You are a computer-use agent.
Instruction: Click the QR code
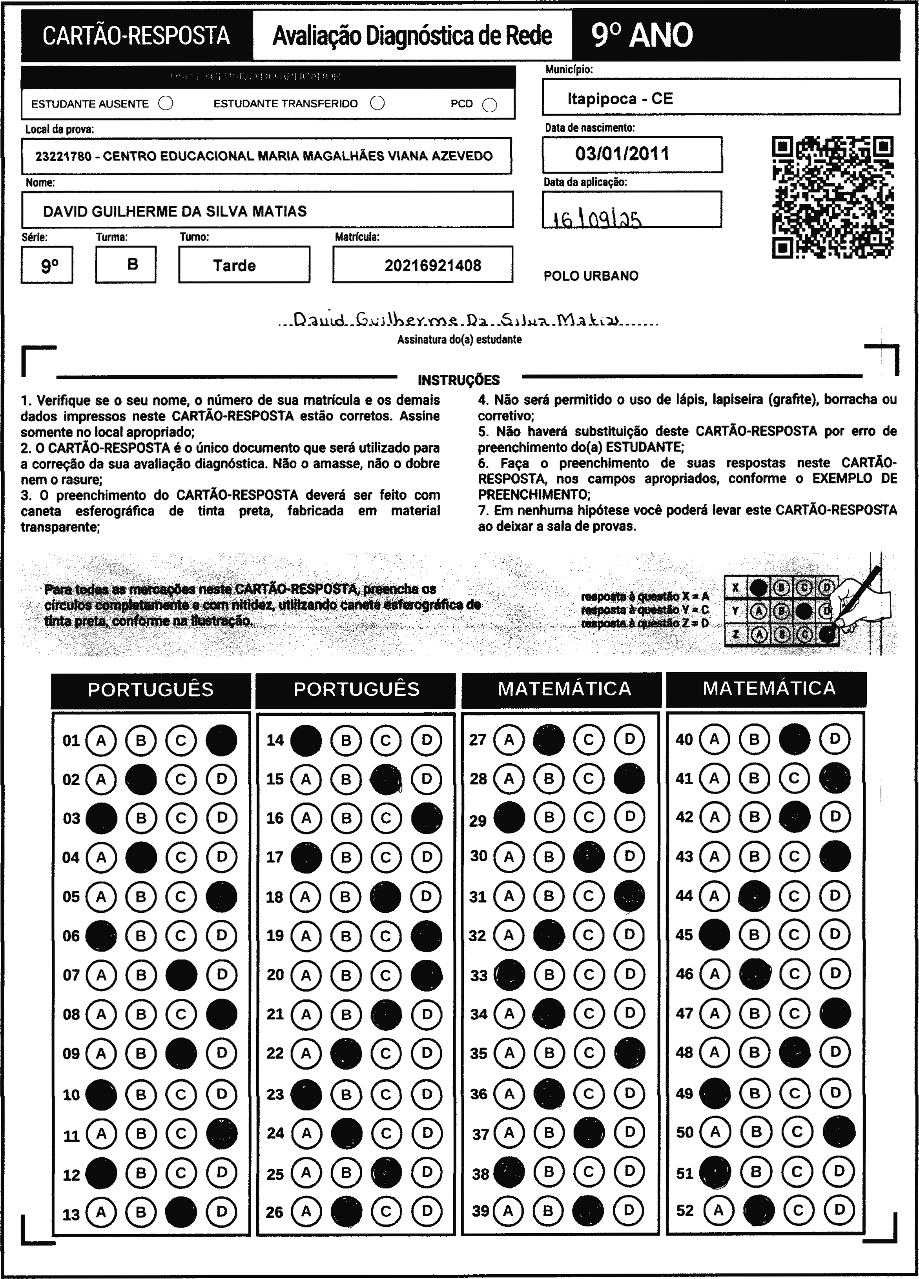(x=832, y=197)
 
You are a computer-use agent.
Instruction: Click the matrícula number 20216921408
(x=433, y=266)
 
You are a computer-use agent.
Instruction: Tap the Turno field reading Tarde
(x=234, y=266)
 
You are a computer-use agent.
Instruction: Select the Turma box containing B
(x=133, y=264)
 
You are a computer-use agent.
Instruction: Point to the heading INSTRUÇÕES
(x=459, y=380)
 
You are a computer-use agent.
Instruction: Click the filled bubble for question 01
(x=221, y=740)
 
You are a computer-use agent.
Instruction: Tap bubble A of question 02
(x=101, y=779)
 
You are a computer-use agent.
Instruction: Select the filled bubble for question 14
(x=306, y=740)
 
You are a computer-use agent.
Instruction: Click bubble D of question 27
(x=629, y=739)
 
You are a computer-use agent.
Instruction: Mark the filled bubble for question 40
(x=794, y=739)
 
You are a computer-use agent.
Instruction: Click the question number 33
(x=478, y=975)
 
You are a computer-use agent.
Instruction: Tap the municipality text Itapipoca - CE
(x=620, y=99)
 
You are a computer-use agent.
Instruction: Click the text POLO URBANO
(x=591, y=276)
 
